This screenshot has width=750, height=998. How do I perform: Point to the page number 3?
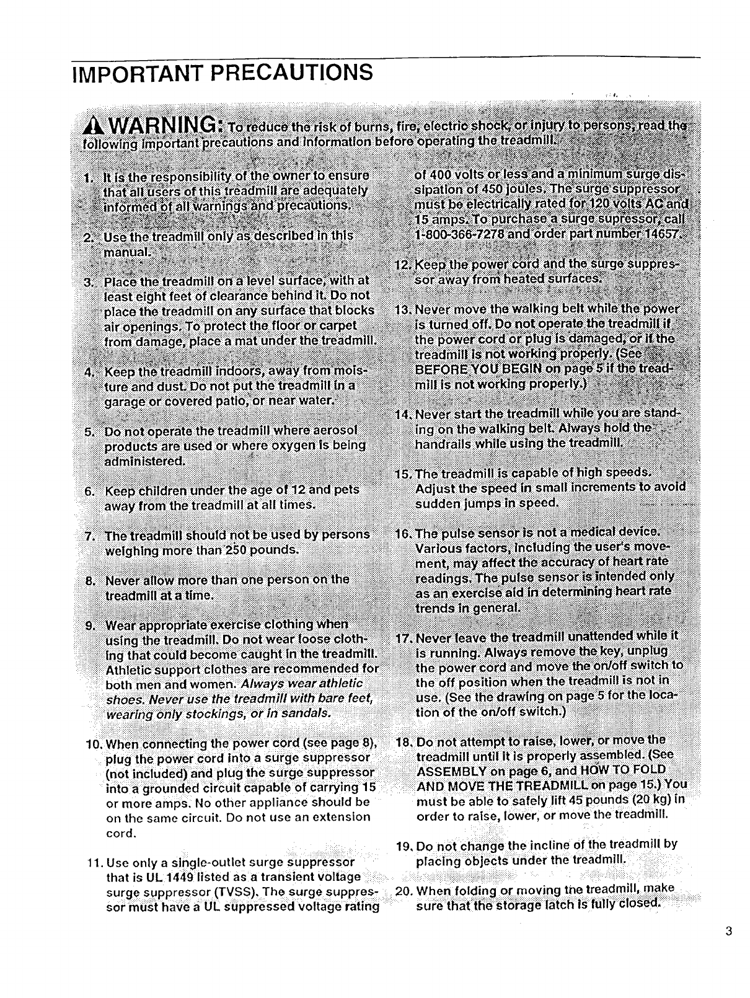[728, 931]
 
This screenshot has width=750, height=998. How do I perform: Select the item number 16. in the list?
[404, 534]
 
